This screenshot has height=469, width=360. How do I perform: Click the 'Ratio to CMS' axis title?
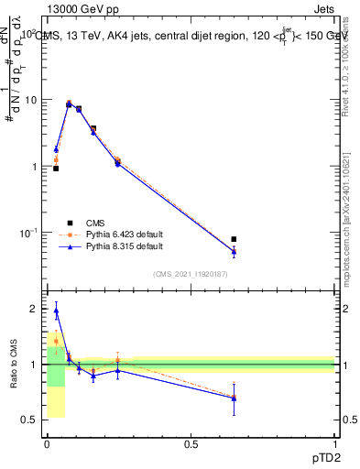coord(14,365)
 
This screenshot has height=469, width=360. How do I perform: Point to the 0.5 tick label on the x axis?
coord(191,444)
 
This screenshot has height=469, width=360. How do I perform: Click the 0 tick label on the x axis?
coord(47,444)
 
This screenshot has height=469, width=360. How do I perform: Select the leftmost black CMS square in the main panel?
coord(56,169)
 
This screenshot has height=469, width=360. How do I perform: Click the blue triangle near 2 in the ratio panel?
coord(56,311)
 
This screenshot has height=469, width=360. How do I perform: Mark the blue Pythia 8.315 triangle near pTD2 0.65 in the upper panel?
coord(234,251)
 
